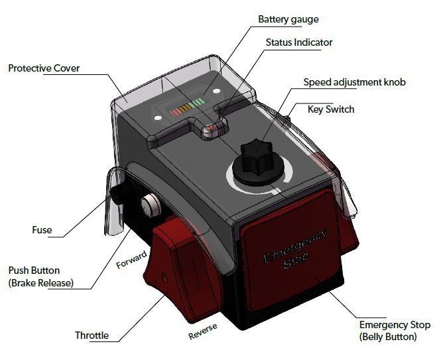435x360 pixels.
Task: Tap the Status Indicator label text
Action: [299, 42]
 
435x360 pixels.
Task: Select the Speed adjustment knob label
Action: [354, 83]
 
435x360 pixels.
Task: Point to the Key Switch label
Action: [331, 109]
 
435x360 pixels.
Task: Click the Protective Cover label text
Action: [44, 68]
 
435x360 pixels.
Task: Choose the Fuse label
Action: [42, 231]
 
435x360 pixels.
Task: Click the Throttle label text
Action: [92, 335]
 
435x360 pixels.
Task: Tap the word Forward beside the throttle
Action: [131, 261]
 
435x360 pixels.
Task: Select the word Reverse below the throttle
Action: [202, 331]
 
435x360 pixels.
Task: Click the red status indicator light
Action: [211, 129]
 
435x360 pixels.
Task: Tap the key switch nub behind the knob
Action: [290, 120]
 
